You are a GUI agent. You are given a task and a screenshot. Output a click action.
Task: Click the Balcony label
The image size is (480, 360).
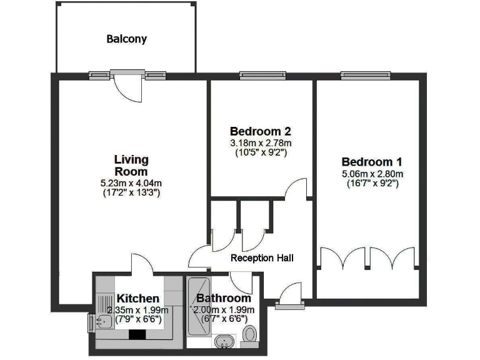pyautogui.click(x=126, y=39)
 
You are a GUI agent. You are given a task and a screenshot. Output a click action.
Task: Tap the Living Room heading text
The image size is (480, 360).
pyautogui.click(x=131, y=166)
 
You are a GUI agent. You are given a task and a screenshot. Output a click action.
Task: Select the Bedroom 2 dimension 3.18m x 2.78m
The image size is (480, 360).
pyautogui.click(x=261, y=142)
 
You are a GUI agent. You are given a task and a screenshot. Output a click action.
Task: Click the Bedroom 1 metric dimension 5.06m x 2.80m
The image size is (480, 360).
pyautogui.click(x=372, y=174)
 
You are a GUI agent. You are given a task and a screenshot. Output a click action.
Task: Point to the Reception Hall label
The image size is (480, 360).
pyautogui.click(x=262, y=257)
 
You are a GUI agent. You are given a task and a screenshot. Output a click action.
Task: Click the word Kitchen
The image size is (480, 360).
pyautogui.click(x=137, y=299)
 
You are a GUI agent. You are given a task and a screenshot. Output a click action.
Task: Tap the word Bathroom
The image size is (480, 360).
pyautogui.click(x=223, y=299)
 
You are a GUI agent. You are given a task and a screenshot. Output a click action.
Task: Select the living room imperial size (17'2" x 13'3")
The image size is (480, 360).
pyautogui.click(x=131, y=192)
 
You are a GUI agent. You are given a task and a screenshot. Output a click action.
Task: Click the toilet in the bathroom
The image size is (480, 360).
pyautogui.click(x=250, y=335)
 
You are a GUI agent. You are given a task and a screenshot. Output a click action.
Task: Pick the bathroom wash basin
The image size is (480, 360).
pyautogui.click(x=224, y=342)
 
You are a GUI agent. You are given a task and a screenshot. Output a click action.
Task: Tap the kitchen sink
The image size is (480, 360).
pyautogui.click(x=104, y=321)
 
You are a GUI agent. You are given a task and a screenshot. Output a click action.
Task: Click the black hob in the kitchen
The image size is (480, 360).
pyautogui.click(x=136, y=334)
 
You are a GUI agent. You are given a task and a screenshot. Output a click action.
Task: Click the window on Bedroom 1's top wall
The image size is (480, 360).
pyautogui.click(x=361, y=76)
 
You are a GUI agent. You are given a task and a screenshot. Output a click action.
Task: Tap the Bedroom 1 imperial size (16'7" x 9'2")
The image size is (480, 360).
pyautogui.click(x=372, y=184)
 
